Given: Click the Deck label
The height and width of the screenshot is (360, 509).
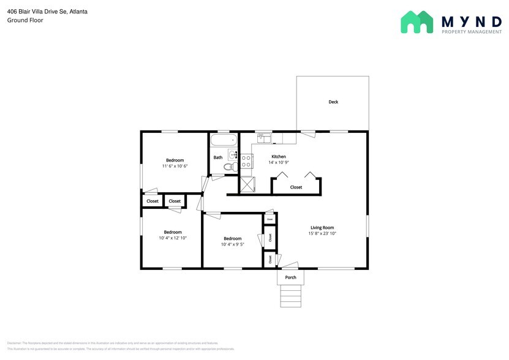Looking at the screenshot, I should (333, 102).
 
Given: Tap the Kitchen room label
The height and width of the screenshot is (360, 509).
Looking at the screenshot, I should (278, 157).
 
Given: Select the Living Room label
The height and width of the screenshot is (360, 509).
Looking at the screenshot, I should (322, 228).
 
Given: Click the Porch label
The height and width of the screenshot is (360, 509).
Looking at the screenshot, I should (291, 277).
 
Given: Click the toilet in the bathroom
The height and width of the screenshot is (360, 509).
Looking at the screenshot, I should (229, 167).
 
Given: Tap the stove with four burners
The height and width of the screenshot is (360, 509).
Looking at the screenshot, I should (246, 161).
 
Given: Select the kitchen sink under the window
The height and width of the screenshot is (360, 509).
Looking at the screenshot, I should (263, 138).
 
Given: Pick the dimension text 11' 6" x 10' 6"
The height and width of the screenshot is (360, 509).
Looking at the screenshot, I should (175, 166).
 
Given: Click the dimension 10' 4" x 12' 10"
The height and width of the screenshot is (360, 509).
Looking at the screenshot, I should (172, 238).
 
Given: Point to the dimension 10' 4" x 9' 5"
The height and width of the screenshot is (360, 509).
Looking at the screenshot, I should (232, 244).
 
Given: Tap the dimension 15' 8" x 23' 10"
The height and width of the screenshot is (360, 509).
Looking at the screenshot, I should (322, 233).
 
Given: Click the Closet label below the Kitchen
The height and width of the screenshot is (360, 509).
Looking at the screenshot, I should (296, 187).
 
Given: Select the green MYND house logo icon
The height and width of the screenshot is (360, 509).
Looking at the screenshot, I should (418, 22).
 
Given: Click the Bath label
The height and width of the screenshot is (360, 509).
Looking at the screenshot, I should (218, 157).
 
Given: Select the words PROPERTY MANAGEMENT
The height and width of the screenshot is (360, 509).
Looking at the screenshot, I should (471, 32).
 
